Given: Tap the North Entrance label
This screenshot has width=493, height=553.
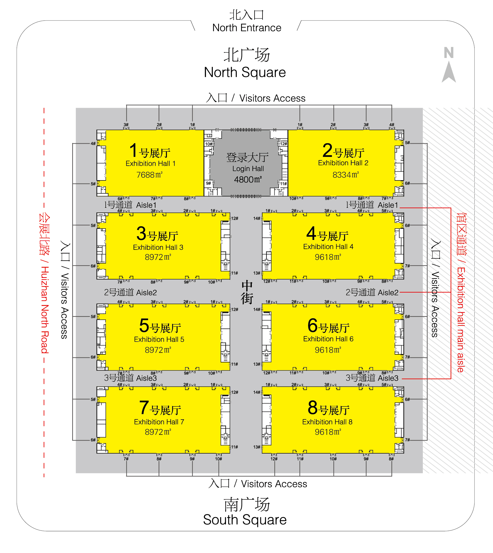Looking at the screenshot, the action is pyautogui.click(x=247, y=28).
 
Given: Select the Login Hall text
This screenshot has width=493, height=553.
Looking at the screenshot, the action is pyautogui.click(x=248, y=169).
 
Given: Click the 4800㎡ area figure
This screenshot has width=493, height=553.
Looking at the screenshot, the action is pyautogui.click(x=248, y=179).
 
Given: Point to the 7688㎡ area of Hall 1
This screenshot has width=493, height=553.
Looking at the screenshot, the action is pyautogui.click(x=149, y=175).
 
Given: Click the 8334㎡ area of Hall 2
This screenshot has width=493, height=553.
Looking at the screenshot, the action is pyautogui.click(x=346, y=175).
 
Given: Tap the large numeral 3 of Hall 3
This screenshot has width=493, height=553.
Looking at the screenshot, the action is pyautogui.click(x=141, y=234).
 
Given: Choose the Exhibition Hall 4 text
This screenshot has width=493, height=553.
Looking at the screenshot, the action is pyautogui.click(x=328, y=247).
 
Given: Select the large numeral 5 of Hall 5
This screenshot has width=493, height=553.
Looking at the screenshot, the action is pyautogui.click(x=144, y=325).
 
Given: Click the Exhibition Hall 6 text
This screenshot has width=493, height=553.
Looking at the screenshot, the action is pyautogui.click(x=328, y=339).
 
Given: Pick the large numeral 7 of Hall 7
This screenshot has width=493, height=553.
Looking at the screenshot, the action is pyautogui.click(x=144, y=408).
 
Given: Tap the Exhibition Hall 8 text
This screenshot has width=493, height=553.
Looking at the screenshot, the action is pyautogui.click(x=327, y=422).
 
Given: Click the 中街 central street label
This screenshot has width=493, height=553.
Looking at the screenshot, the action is pyautogui.click(x=247, y=293).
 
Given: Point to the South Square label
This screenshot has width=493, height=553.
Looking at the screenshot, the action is pyautogui.click(x=245, y=520).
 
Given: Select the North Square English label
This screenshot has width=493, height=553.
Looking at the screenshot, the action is pyautogui.click(x=245, y=72).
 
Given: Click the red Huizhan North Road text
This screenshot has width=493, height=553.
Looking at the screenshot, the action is pyautogui.click(x=45, y=310).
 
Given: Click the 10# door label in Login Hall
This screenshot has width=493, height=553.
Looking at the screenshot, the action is pyautogui.click(x=208, y=144).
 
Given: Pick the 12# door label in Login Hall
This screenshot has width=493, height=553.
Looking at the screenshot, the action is pyautogui.click(x=283, y=144).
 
